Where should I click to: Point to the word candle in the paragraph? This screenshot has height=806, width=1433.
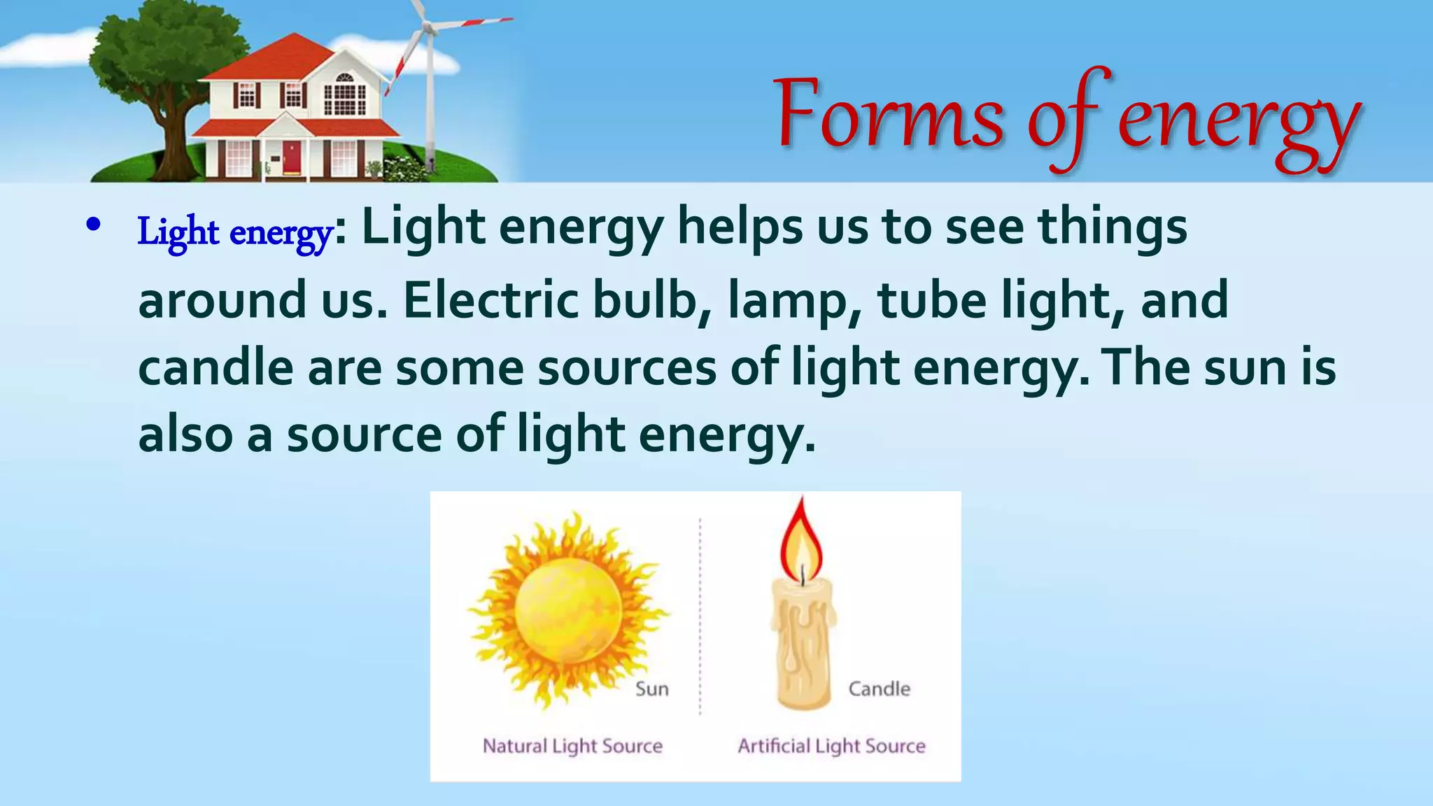[x=215, y=369]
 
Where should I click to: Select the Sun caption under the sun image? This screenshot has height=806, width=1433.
[x=651, y=689]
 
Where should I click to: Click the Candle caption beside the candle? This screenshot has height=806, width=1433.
[x=879, y=689]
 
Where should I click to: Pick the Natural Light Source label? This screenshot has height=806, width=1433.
[x=572, y=746]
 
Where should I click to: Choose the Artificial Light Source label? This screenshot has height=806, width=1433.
[x=831, y=746]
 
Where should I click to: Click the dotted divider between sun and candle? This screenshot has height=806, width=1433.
[x=700, y=616]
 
